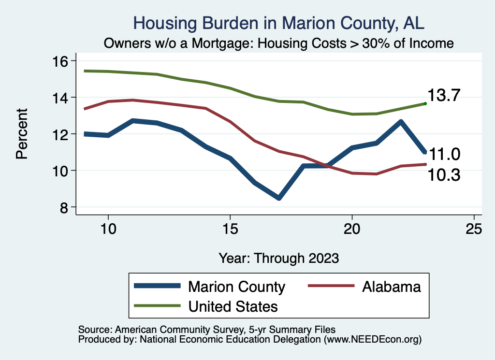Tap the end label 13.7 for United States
[x=443, y=96]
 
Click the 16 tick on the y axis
[x=61, y=61]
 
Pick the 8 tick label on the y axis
[x=64, y=207]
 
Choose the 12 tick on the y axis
[x=61, y=134]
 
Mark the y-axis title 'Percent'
[x=21, y=134]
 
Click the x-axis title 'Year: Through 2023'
[x=278, y=258]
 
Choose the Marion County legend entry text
[x=236, y=287]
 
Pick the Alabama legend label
[x=391, y=287]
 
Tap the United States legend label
[x=233, y=306]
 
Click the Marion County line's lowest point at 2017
[x=279, y=198]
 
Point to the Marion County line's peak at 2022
[x=401, y=122]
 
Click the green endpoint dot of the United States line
[x=425, y=103]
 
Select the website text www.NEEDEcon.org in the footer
[x=372, y=340]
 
